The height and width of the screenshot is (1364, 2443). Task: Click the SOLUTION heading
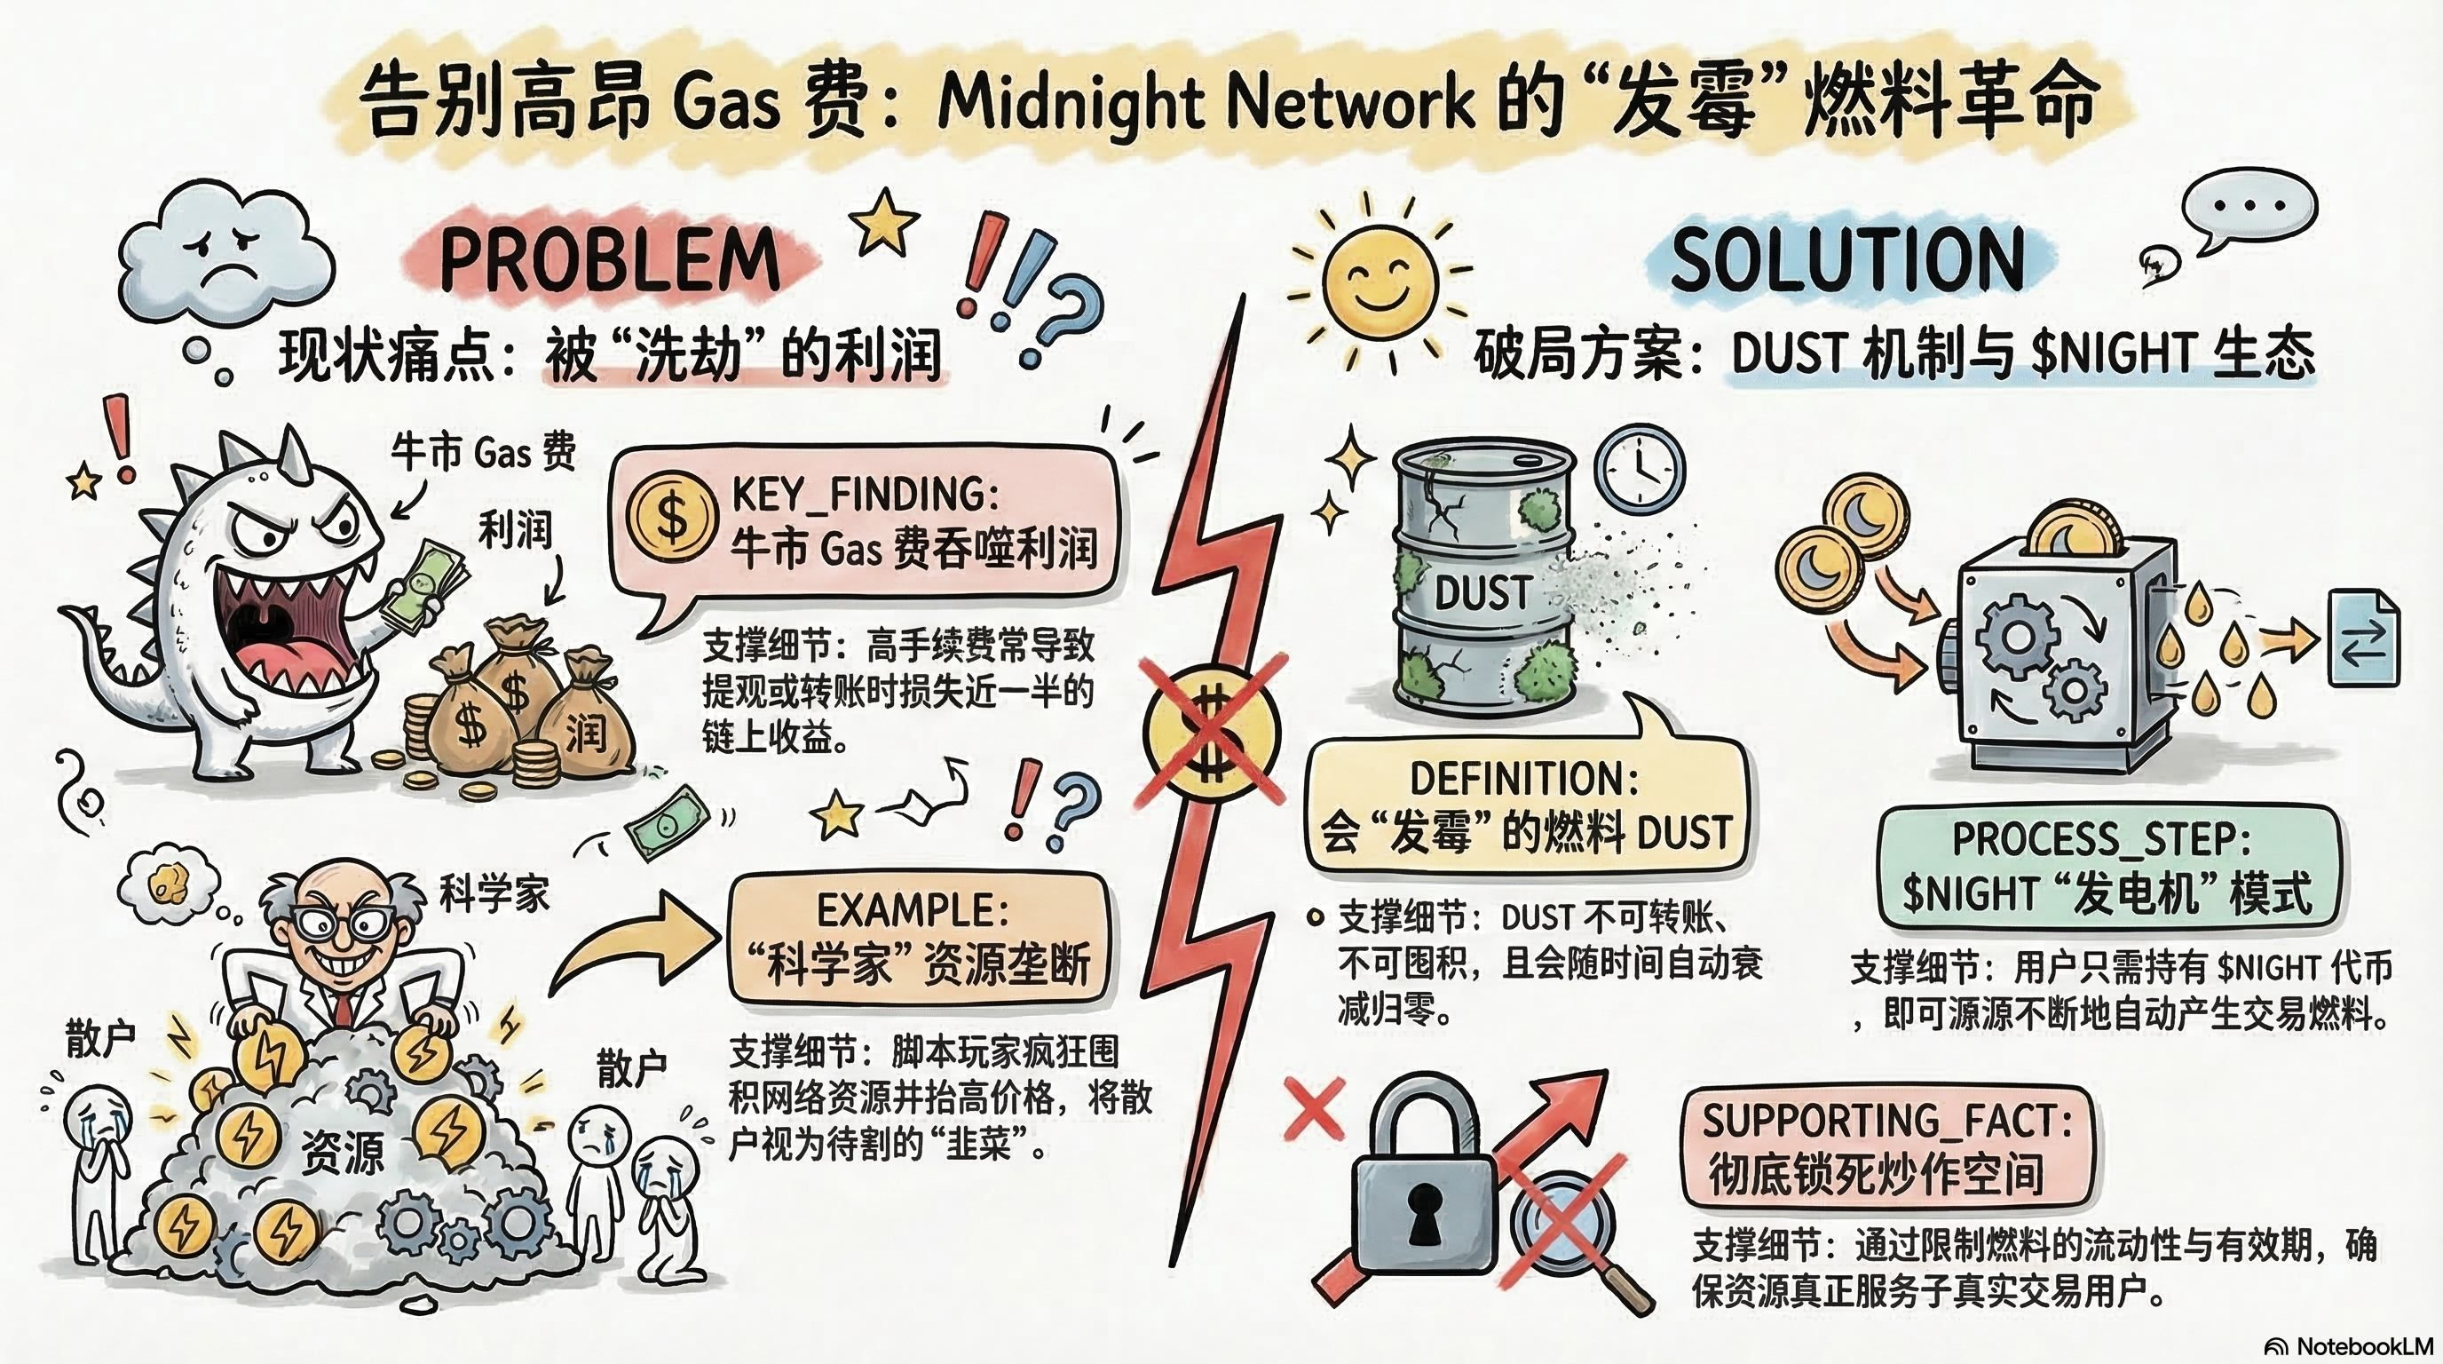1846,258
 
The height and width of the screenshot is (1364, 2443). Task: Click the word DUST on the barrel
1482,593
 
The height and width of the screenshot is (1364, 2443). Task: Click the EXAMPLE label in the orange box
913,910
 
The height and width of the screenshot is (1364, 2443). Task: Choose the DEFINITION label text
1524,779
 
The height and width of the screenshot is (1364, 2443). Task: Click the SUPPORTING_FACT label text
1887,1122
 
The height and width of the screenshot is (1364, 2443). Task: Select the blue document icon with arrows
2364,638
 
